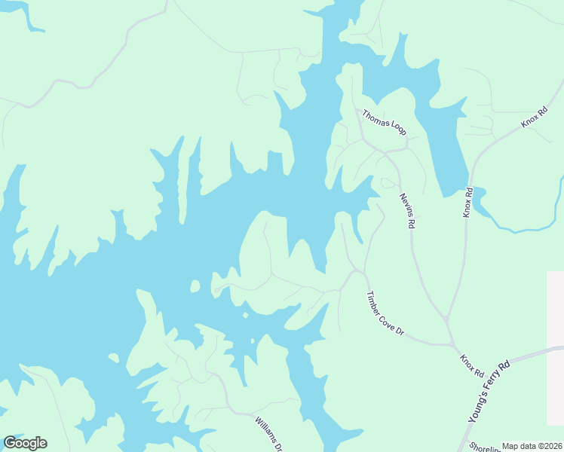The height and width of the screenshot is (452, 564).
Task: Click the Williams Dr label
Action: [x=268, y=434]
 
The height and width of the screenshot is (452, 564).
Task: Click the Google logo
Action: [x=25, y=443]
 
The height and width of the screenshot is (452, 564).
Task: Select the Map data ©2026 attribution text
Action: [x=532, y=446]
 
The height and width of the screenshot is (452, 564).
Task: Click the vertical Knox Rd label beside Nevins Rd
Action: [x=468, y=203]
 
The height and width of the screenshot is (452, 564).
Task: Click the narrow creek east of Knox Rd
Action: [x=528, y=227]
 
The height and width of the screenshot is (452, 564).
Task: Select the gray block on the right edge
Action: [x=555, y=347]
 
